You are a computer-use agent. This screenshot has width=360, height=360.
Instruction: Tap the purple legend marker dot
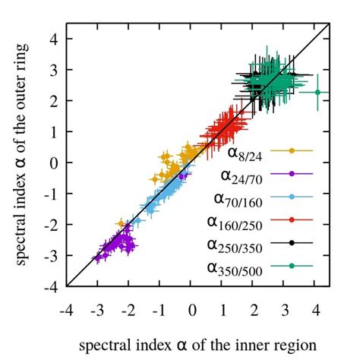tap(292, 174)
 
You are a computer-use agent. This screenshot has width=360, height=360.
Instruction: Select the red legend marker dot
tap(292, 219)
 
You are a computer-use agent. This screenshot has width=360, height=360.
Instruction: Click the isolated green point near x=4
tap(317, 93)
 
